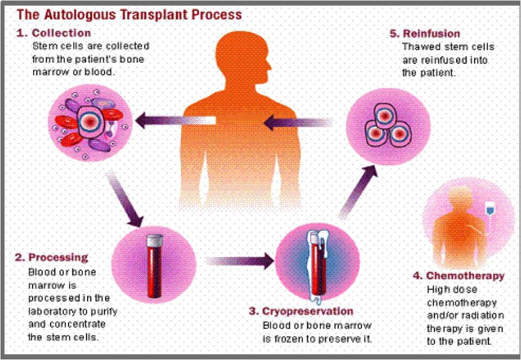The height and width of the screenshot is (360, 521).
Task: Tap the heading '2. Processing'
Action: [x=51, y=258]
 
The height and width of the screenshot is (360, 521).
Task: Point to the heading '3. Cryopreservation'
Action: [x=301, y=311]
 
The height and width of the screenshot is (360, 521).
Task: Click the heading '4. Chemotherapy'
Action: [x=465, y=276]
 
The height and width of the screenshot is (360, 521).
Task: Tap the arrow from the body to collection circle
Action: [x=174, y=120]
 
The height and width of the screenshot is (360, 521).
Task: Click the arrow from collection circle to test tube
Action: [x=126, y=199]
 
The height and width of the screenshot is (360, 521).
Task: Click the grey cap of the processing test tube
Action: [x=154, y=240]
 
